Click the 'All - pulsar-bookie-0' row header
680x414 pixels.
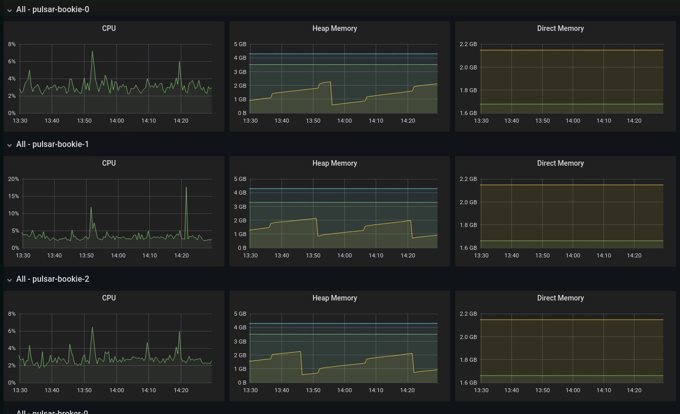(x=52, y=9)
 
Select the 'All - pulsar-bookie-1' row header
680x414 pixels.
(x=52, y=144)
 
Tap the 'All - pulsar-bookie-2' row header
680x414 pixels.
(x=52, y=279)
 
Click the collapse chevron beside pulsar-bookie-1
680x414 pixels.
(x=9, y=145)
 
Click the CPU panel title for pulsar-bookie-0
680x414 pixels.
(x=109, y=28)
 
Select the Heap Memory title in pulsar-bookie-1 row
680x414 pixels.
(x=335, y=163)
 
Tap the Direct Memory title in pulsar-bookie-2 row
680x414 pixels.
(x=560, y=298)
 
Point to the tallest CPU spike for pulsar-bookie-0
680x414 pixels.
(x=92, y=51)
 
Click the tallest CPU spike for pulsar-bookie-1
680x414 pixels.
(x=186, y=188)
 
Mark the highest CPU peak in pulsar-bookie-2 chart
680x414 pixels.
(x=92, y=327)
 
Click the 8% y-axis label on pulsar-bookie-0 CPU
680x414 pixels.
(x=12, y=44)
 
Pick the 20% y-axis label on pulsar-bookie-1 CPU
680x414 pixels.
(x=13, y=179)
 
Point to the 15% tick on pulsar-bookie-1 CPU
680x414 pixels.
(x=13, y=196)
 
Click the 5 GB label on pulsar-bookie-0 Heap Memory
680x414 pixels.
(x=240, y=44)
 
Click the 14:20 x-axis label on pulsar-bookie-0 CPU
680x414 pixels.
(x=181, y=121)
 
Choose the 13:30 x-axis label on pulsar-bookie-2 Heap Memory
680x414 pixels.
(x=250, y=390)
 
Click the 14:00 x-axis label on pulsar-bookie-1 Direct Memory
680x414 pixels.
(x=573, y=255)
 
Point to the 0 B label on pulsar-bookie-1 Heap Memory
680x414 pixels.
(x=242, y=248)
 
